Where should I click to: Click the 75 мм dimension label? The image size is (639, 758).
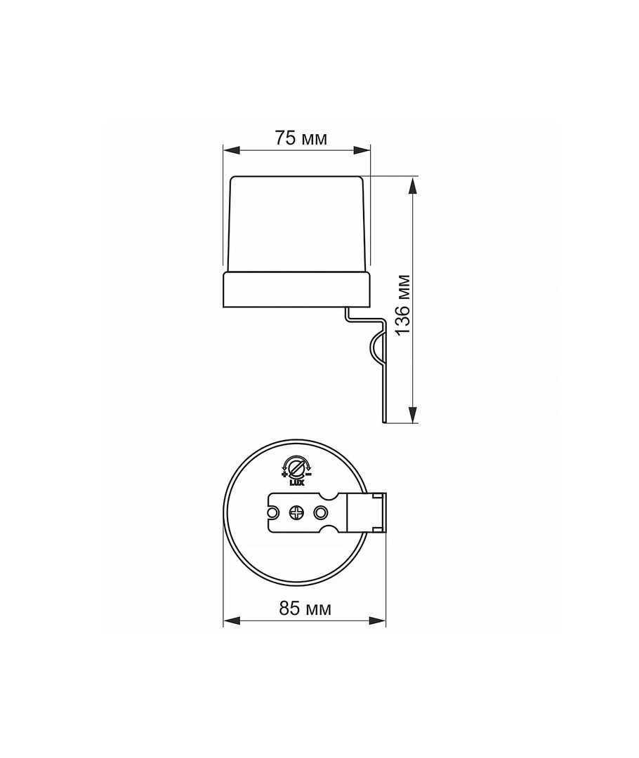pos(301,138)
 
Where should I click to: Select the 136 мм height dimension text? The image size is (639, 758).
pos(403,304)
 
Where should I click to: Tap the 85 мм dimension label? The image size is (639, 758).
pos(305,608)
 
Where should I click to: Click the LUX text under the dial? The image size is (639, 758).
pos(295,482)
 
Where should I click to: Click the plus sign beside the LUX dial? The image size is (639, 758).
pos(284,474)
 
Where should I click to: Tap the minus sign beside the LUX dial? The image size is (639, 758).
pos(308,474)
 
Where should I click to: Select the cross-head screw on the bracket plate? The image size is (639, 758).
pos(295,512)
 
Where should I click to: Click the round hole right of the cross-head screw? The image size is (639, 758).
pos(319,512)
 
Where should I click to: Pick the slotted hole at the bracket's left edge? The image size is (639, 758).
pos(272,512)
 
